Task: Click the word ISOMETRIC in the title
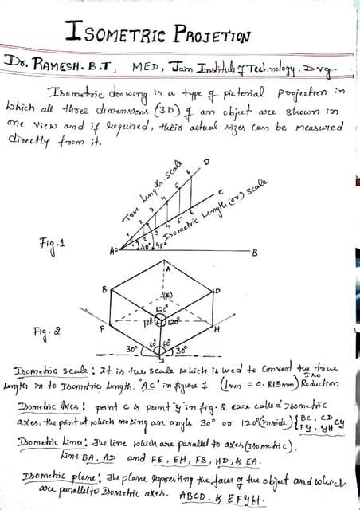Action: tap(114, 33)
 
